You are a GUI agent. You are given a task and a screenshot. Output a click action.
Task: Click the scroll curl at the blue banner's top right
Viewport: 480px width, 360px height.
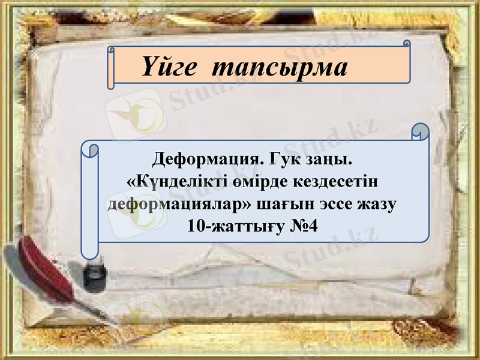(x=421, y=132)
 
